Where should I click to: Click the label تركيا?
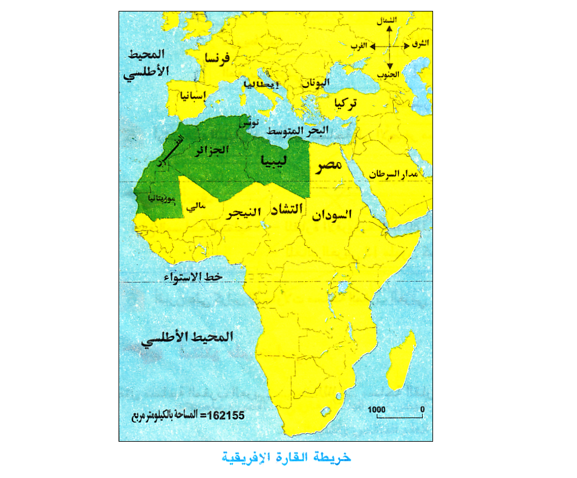point(345,104)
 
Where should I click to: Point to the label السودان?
point(333,214)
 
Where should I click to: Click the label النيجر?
point(245,213)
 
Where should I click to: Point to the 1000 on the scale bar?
point(377,410)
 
